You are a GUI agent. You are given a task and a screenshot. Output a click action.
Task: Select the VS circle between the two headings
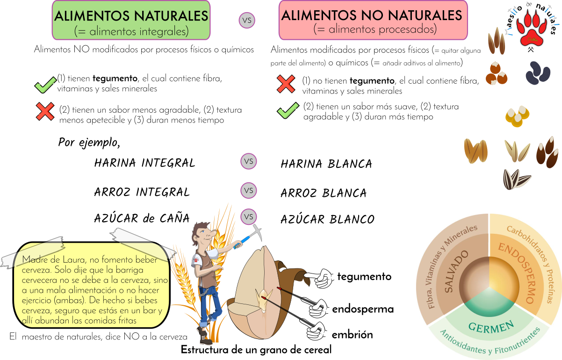click(247, 21)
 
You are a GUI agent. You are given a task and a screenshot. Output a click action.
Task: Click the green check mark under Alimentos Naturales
click(45, 85)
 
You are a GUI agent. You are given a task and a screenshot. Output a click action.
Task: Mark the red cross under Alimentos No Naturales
click(286, 84)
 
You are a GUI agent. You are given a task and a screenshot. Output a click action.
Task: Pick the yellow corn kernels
click(518, 116)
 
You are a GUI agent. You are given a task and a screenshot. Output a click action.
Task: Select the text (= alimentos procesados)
click(375, 29)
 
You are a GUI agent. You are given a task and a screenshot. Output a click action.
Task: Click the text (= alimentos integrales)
click(131, 32)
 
